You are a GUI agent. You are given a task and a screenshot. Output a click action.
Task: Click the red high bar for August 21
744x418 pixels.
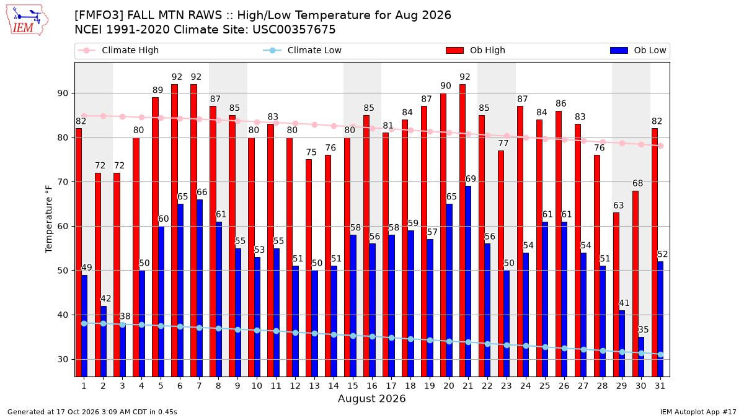tap(462, 230)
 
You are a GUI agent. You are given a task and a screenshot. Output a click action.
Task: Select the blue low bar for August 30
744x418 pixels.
tap(640, 357)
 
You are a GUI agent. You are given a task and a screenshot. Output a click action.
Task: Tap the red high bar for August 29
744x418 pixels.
tap(616, 295)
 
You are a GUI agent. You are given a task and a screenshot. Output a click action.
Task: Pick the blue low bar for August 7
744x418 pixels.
tap(199, 289)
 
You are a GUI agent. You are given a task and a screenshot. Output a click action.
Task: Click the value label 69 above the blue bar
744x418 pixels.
tap(471, 179)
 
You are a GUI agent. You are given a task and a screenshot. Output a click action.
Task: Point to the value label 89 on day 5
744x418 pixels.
tap(157, 90)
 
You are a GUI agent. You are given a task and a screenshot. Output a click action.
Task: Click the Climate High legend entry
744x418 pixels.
tap(118, 50)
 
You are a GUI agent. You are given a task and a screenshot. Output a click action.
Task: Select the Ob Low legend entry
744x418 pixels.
tap(638, 50)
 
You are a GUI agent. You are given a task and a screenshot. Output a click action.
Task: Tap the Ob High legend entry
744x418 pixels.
tap(476, 50)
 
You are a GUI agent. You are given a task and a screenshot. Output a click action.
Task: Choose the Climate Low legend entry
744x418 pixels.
tap(303, 50)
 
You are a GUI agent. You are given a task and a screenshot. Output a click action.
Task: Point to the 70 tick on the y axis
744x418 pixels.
tap(63, 182)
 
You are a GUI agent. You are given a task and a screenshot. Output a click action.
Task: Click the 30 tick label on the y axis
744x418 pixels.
tap(63, 359)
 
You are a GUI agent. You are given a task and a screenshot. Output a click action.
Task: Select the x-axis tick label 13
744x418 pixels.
tap(314, 386)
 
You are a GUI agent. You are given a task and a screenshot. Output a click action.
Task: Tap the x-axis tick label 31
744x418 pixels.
tap(660, 386)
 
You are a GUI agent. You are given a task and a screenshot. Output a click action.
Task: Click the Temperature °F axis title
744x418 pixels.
tap(49, 219)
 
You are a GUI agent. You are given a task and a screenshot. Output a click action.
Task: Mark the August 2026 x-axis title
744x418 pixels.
tap(371, 398)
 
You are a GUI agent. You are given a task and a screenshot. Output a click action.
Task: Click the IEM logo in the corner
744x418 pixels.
tap(27, 20)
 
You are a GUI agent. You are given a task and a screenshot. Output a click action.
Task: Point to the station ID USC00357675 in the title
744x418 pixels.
tap(294, 30)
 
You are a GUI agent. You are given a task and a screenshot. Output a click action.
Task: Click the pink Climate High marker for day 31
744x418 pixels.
tap(661, 146)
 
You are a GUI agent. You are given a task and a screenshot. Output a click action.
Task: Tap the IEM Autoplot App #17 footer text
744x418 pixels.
tap(698, 412)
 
